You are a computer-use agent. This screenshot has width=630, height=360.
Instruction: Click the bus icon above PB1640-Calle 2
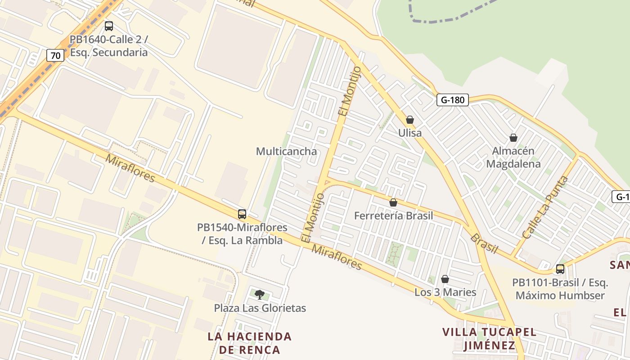pyautogui.click(x=109, y=26)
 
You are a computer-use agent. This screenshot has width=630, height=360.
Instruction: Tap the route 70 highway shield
pyautogui.click(x=55, y=56)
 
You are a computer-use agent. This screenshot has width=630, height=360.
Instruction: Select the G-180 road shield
pyautogui.click(x=452, y=100)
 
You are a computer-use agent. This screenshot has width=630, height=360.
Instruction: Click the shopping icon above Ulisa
pyautogui.click(x=410, y=120)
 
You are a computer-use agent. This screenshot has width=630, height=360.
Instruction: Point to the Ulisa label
pyautogui.click(x=410, y=133)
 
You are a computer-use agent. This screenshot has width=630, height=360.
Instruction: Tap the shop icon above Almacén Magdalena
pyautogui.click(x=513, y=138)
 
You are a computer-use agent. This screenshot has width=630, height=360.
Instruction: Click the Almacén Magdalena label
pyautogui.click(x=513, y=157)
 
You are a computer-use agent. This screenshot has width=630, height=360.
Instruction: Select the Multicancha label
pyautogui.click(x=286, y=151)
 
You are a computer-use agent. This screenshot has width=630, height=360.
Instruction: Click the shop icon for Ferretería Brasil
pyautogui.click(x=393, y=203)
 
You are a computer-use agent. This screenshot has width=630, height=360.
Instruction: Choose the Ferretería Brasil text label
pyautogui.click(x=393, y=216)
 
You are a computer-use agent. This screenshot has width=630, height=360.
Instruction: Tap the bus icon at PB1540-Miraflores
pyautogui.click(x=242, y=214)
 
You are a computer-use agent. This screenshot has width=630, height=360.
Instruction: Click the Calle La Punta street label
pyautogui.click(x=545, y=207)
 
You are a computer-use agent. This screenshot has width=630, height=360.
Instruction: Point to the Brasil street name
pyautogui.click(x=484, y=243)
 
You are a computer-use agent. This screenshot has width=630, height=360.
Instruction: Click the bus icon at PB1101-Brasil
pyautogui.click(x=560, y=269)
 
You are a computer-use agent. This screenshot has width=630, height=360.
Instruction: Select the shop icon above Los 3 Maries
pyautogui.click(x=445, y=279)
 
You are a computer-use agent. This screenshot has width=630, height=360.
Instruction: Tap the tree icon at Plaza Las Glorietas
pyautogui.click(x=260, y=295)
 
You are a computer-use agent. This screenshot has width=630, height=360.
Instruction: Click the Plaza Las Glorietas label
pyautogui.click(x=260, y=308)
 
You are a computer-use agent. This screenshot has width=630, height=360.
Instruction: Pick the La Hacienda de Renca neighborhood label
pyautogui.click(x=250, y=343)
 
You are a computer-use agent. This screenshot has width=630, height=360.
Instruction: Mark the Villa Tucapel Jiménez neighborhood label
pyautogui.click(x=490, y=339)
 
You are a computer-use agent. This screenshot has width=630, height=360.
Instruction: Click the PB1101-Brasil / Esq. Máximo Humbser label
pyautogui.click(x=560, y=289)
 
